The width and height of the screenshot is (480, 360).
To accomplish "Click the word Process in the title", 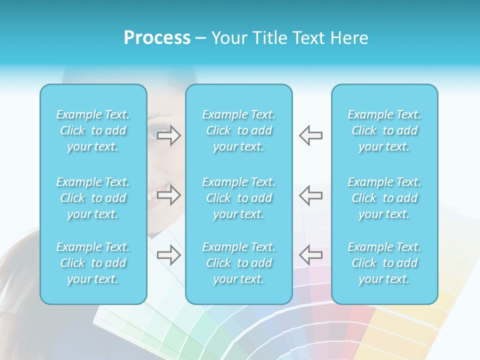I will point(157,38).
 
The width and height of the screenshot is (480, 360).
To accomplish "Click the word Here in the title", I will point(349,38).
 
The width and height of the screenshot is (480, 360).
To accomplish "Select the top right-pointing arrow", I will point(169,135).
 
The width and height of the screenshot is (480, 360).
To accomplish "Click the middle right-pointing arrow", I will point(169,195).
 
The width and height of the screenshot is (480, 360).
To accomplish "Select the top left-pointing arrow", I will point(311,135).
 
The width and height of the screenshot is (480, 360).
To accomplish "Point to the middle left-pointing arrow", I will point(311,195).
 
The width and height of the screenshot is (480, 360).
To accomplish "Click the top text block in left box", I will point(93,130).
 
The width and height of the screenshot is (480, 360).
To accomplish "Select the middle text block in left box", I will point(93,198).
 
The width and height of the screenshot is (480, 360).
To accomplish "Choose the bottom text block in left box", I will point(93,263).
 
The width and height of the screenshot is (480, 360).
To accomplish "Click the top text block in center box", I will point(239,130).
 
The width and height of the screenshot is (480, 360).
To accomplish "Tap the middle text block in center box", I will point(239,198).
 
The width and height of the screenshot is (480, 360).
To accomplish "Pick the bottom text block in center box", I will point(239,263).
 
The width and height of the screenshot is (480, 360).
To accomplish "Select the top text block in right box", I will point(384,130).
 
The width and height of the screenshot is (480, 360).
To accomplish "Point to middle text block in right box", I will point(384,198).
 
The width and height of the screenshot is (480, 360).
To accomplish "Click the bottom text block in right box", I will point(384,263).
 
